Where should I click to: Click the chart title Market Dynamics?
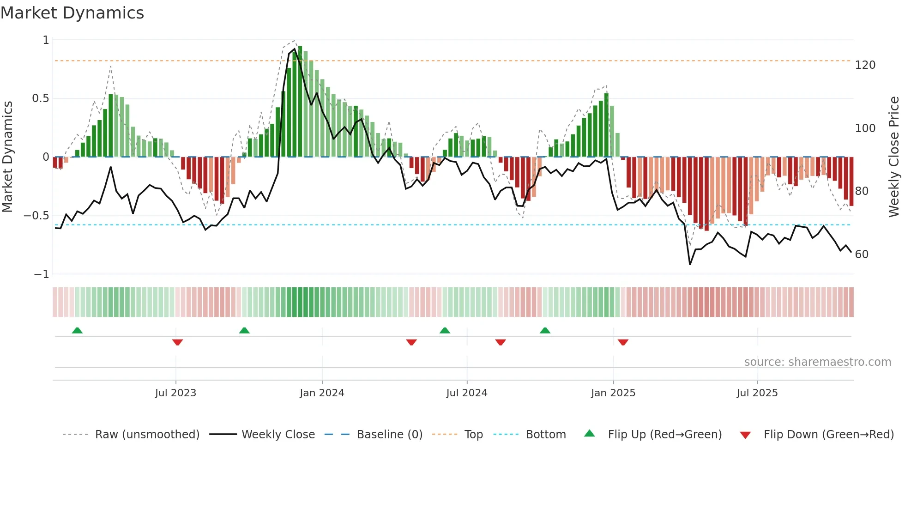click(x=72, y=13)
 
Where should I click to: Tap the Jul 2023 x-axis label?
click(x=175, y=393)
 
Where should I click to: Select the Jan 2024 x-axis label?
click(x=322, y=393)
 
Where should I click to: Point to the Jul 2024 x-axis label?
click(x=466, y=393)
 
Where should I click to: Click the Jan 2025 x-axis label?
click(x=613, y=393)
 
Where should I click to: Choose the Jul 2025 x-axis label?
click(x=757, y=393)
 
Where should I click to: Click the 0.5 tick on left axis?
click(x=40, y=98)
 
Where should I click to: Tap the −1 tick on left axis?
click(x=41, y=274)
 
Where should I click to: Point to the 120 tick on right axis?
click(x=865, y=65)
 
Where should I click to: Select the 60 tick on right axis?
click(x=862, y=254)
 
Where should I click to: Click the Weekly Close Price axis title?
click(x=894, y=157)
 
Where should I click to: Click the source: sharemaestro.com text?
click(x=817, y=362)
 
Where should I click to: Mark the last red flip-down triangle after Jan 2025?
click(x=623, y=342)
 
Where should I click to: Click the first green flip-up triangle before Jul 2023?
click(x=77, y=330)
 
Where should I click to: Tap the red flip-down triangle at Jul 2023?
click(x=177, y=342)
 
